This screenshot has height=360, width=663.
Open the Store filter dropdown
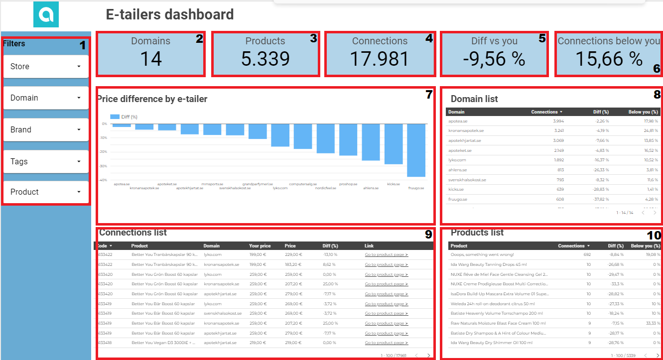46,66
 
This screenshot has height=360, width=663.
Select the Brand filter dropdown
46,129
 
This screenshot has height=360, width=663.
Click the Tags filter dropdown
46,161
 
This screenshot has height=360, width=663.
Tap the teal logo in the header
46,14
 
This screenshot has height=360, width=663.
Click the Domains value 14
150,59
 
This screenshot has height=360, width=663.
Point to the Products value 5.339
265,59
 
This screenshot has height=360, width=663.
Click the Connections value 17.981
380,59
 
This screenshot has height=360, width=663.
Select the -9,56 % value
494,59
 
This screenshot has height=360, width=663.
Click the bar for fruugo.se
416,150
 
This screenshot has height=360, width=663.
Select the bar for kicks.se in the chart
394,143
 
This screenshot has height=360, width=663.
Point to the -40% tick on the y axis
104,180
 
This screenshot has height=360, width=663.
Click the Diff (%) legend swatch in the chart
115,117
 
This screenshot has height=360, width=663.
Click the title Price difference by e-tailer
152,99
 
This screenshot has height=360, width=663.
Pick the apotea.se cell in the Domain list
458,121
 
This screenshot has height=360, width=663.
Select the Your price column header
260,245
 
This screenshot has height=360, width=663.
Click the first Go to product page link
386,254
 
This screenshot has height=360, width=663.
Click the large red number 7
429,95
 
